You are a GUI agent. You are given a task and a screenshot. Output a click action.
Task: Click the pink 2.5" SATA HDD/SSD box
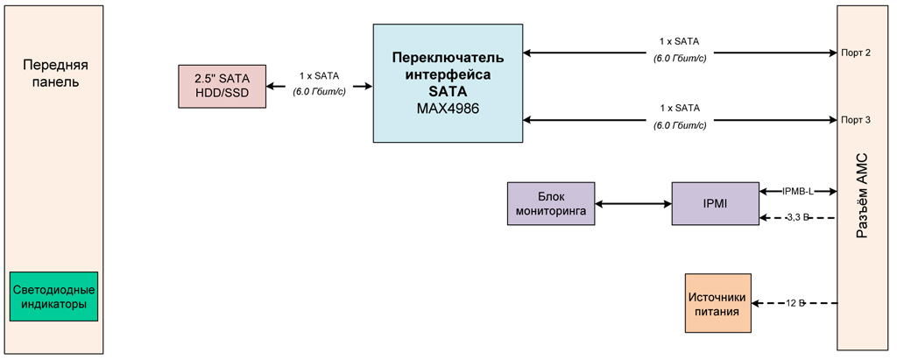pos(222,86)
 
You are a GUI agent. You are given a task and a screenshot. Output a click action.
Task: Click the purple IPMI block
pos(715,203)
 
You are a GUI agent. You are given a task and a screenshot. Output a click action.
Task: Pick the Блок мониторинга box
pos(551,203)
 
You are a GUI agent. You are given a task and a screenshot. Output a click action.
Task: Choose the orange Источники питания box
pos(718,303)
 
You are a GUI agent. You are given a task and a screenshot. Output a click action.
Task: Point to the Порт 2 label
pos(855,53)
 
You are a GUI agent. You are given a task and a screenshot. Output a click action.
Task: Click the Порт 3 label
pos(855,118)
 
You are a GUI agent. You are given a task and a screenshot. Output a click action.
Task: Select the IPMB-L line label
pos(798,190)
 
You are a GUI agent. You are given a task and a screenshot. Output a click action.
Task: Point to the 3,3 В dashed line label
pos(797,216)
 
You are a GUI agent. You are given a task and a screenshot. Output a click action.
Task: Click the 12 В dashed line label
pos(795,303)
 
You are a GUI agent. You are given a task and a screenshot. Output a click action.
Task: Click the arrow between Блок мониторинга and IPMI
pos(633,204)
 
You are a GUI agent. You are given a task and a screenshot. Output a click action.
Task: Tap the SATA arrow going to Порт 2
pos(680,53)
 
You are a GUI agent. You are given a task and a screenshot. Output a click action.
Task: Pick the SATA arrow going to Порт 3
pos(680,118)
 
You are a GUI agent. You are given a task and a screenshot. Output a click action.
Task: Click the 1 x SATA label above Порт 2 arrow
pos(679,40)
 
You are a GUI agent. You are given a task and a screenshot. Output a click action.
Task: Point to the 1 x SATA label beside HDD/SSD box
pos(319,75)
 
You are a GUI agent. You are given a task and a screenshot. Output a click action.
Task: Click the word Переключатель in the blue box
pos(448,58)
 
